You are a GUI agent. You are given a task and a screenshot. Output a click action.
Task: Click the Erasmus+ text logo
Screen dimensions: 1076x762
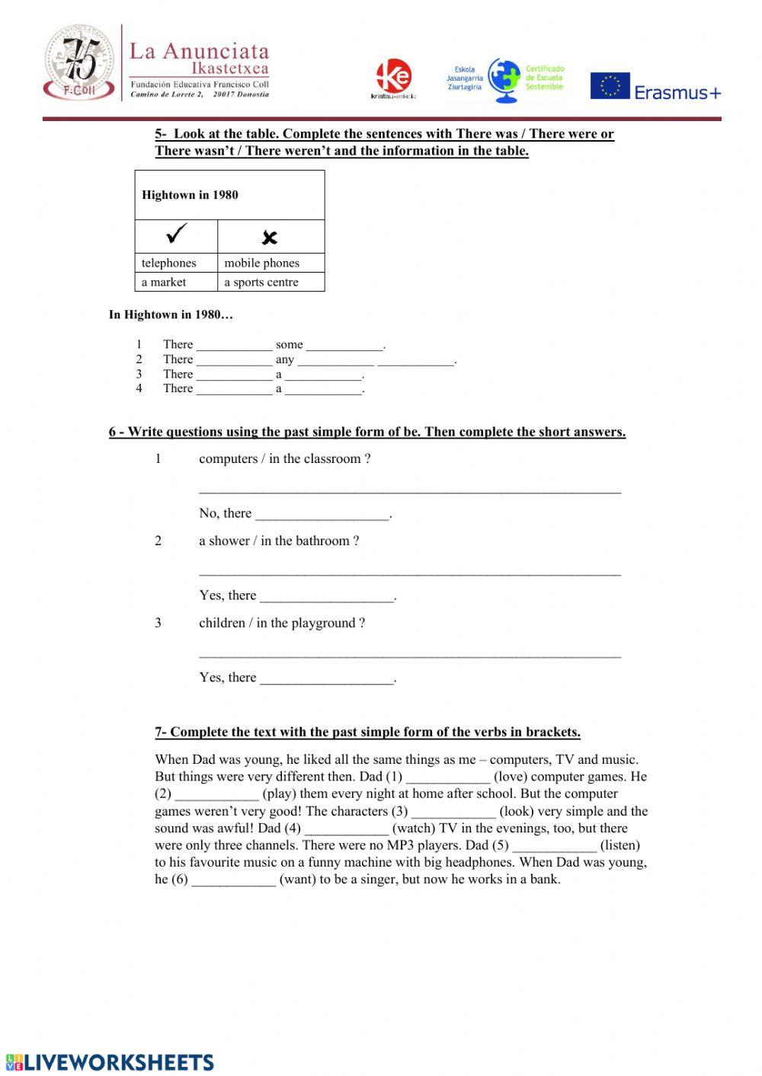677,93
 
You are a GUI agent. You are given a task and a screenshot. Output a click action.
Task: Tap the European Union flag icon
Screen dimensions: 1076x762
610,86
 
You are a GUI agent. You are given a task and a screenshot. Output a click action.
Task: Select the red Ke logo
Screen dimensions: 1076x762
394,77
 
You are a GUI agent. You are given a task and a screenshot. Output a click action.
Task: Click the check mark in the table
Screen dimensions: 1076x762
176,234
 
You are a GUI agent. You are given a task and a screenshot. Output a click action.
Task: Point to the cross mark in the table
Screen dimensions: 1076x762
269,238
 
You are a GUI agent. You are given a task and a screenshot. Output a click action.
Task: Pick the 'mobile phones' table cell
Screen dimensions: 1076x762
262,263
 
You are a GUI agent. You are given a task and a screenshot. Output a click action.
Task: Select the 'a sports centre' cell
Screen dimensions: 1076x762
261,282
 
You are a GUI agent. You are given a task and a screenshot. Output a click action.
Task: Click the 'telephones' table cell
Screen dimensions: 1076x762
169,263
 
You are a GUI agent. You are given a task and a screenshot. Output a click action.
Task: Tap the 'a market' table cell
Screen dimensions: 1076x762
164,282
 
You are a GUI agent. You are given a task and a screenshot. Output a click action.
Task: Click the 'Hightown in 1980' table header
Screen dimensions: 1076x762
190,195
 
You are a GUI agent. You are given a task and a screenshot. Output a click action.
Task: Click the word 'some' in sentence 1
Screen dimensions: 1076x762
289,344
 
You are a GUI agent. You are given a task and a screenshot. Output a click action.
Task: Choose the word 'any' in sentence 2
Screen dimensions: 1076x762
285,359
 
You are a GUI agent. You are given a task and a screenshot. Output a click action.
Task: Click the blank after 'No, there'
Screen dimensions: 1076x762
322,515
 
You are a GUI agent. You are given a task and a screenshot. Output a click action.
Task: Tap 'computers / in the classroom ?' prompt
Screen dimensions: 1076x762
284,458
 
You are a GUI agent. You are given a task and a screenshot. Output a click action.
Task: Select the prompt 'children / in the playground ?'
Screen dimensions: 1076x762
281,623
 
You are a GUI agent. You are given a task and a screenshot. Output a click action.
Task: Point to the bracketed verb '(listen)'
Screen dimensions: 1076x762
620,845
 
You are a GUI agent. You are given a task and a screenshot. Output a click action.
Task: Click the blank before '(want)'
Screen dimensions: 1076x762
233,880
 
